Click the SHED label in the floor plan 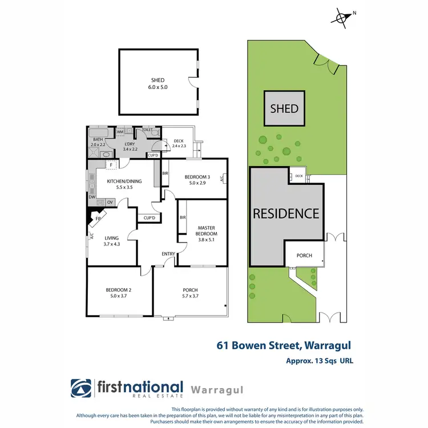tap(158, 80)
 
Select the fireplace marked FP tap(98, 217)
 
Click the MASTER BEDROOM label tap(206, 230)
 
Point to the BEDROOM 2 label tap(119, 290)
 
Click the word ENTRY tap(168, 254)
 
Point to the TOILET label tap(147, 130)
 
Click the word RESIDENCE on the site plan tap(286, 213)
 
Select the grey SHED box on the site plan tap(284, 108)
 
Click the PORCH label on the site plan tap(304, 255)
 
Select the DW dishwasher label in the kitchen tap(91, 197)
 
